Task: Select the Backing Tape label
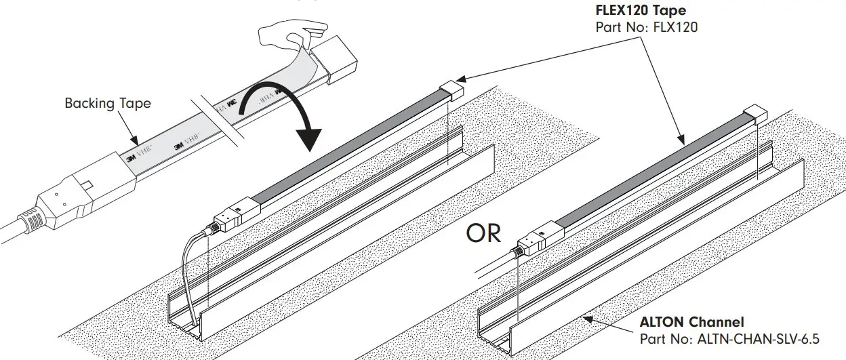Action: (x=108, y=103)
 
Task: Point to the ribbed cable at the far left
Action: (x=20, y=224)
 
